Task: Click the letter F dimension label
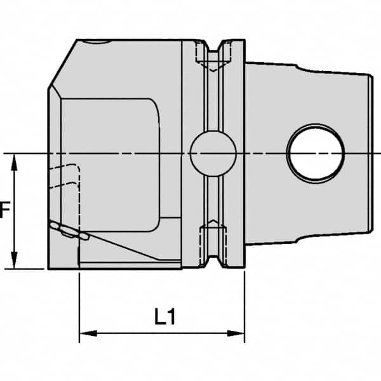[x=4, y=210]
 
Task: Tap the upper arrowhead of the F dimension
[x=15, y=160]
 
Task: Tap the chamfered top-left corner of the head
[x=62, y=63]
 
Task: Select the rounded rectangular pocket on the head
[x=114, y=165]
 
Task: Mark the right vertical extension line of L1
[x=244, y=298]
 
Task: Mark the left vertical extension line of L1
[x=79, y=298]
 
